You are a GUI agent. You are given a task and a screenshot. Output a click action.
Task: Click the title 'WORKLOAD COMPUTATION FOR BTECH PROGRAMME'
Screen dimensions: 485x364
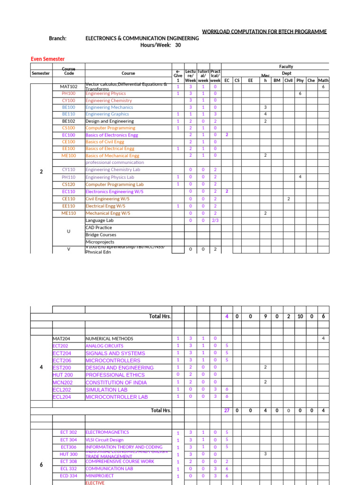[x=264, y=32]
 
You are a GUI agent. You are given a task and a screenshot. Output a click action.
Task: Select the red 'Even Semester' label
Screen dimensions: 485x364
[x=47, y=59]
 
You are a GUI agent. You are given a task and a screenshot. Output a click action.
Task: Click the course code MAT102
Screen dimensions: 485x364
[x=69, y=87]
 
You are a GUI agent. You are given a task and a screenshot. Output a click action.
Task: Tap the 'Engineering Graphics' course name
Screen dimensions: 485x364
[x=103, y=114]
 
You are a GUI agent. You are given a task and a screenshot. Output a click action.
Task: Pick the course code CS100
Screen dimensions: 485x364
[x=69, y=128]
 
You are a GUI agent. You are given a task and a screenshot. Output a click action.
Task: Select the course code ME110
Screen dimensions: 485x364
[x=69, y=213]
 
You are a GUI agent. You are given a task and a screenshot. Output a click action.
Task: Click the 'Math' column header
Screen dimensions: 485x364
[x=323, y=81]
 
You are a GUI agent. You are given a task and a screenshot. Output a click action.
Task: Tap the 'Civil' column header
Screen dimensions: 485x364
[x=288, y=81]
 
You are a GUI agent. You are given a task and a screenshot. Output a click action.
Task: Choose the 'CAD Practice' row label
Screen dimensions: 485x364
[x=99, y=228]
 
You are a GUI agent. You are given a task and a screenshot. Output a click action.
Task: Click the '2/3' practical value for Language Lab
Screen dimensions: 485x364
[x=215, y=220]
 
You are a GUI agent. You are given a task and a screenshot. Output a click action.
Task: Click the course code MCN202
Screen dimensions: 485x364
[x=62, y=382]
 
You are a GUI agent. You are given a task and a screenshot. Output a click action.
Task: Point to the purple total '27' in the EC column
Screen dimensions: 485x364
[x=227, y=411]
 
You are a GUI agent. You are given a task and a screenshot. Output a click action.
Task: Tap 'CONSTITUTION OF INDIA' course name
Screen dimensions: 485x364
[x=116, y=382]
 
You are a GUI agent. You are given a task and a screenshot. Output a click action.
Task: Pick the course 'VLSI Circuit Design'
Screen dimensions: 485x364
[x=104, y=440]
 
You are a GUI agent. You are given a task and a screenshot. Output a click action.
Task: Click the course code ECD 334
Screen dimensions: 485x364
[x=69, y=476]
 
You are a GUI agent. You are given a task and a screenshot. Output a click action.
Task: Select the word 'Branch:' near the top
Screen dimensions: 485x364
[x=58, y=38]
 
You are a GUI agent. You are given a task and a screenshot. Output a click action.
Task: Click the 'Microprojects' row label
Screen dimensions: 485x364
[x=100, y=242]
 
